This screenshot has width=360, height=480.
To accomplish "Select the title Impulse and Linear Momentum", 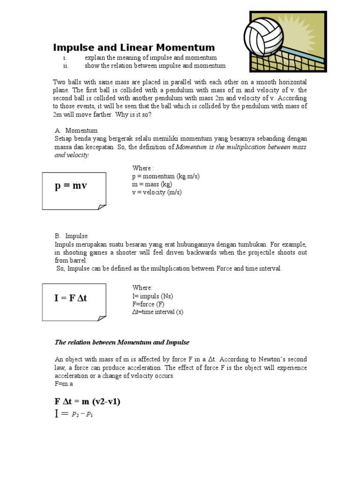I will click(134, 47).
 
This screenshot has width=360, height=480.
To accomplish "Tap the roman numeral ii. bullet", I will click(66, 66).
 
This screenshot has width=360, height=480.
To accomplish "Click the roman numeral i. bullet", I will click(65, 58).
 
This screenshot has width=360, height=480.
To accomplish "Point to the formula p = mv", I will click(71, 186).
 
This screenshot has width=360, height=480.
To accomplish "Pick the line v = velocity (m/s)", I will click(157, 192).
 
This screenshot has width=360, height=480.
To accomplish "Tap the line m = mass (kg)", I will click(152, 184).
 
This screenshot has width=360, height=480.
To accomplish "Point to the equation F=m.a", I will click(64, 383).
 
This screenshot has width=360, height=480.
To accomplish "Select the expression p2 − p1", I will click(82, 414).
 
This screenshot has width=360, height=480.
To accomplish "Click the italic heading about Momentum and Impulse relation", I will click(122, 342).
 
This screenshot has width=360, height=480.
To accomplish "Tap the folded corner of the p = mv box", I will click(101, 206).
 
